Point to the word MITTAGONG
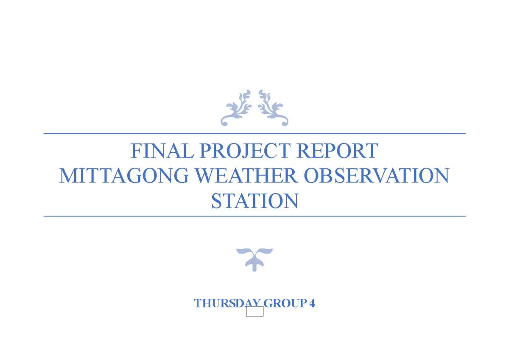(123, 176)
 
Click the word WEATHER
(246, 176)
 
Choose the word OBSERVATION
(377, 176)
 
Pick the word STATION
(255, 201)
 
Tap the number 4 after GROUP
(312, 304)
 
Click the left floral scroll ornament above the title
(236, 108)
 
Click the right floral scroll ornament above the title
(273, 108)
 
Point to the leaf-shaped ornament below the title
(254, 259)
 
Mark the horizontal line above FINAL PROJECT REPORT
(255, 133)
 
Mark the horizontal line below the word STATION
(255, 216)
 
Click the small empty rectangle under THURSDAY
(255, 312)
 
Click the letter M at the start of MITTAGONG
(68, 176)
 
